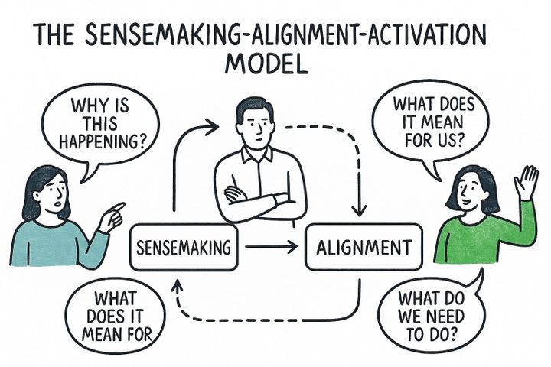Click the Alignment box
(363, 248)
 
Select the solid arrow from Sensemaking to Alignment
(272, 247)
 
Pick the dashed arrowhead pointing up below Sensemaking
(178, 286)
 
